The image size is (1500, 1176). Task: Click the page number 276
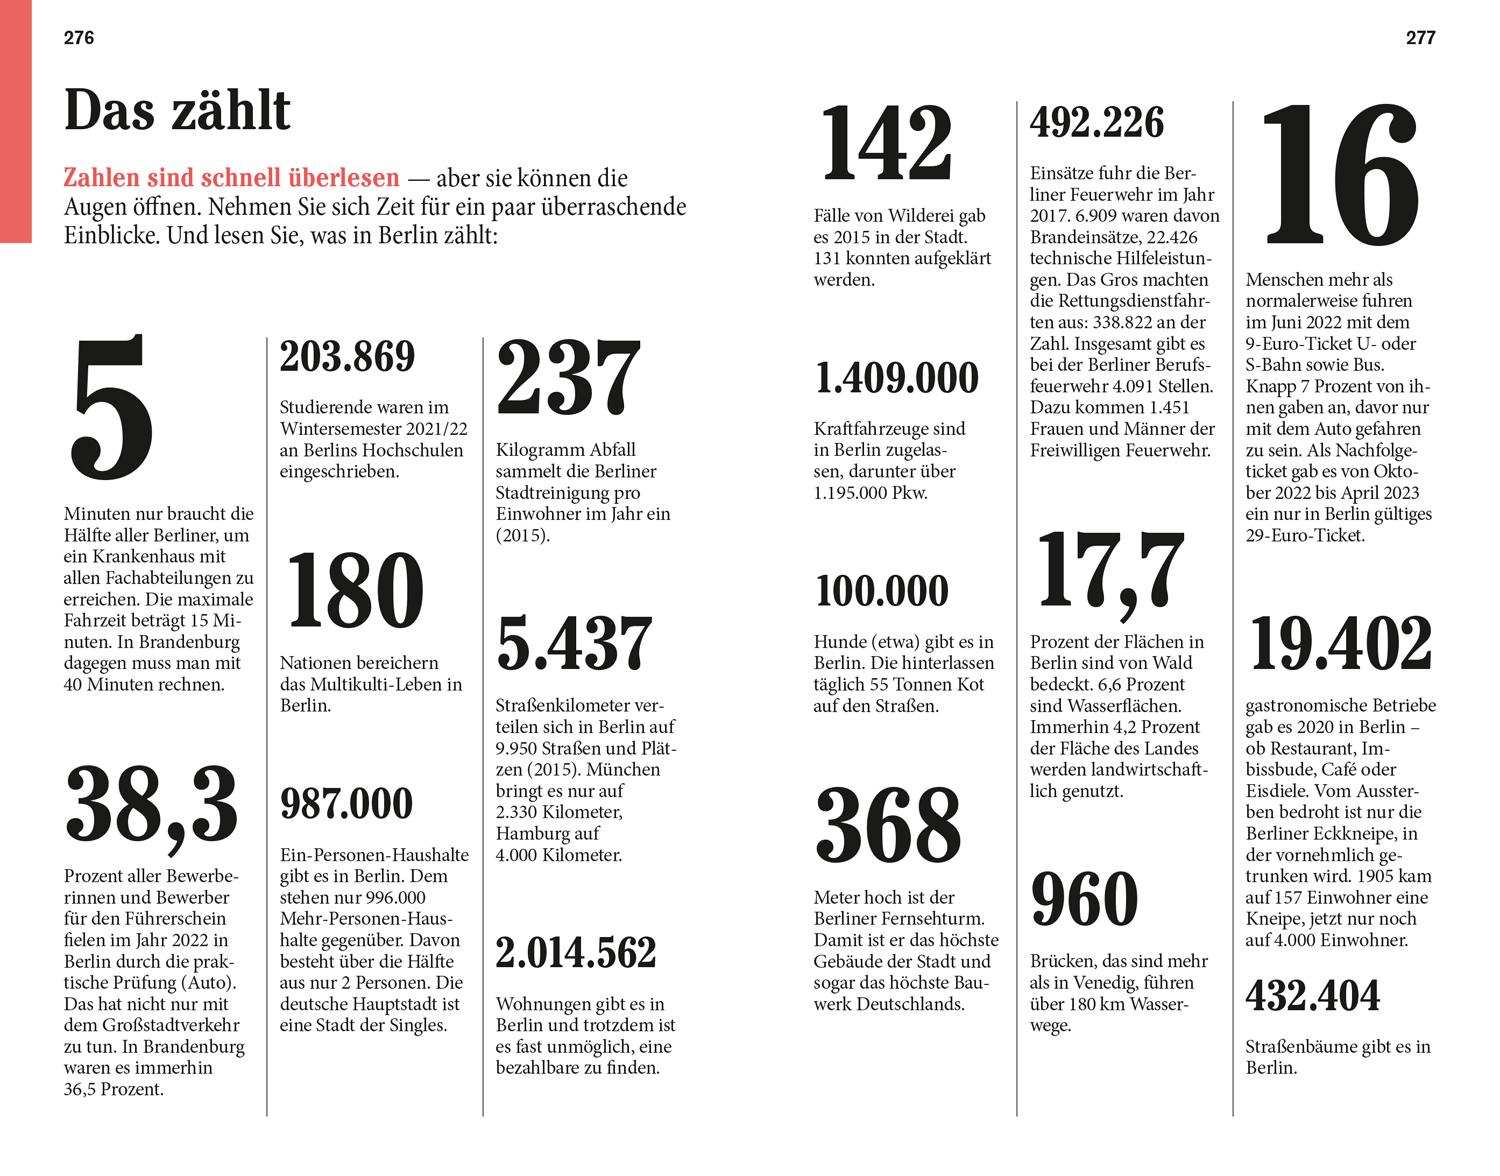click(x=79, y=38)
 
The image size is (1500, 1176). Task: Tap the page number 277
click(x=1420, y=38)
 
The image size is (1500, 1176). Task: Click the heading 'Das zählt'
click(x=177, y=110)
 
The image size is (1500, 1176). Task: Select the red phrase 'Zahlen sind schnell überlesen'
click(x=231, y=179)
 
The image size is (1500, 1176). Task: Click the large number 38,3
click(x=151, y=804)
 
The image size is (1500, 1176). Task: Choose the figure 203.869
click(x=347, y=357)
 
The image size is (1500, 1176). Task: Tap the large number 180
click(x=353, y=591)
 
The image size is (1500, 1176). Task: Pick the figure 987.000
click(x=346, y=804)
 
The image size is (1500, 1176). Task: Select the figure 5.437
click(x=574, y=643)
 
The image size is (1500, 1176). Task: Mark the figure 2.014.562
click(x=576, y=953)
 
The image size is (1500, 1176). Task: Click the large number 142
click(x=886, y=146)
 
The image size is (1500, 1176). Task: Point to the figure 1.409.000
click(x=897, y=378)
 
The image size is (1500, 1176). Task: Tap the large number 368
click(x=888, y=826)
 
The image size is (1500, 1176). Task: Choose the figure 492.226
click(x=1097, y=123)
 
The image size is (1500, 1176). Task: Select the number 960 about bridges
click(x=1084, y=899)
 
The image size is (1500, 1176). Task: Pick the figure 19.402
click(x=1340, y=644)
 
